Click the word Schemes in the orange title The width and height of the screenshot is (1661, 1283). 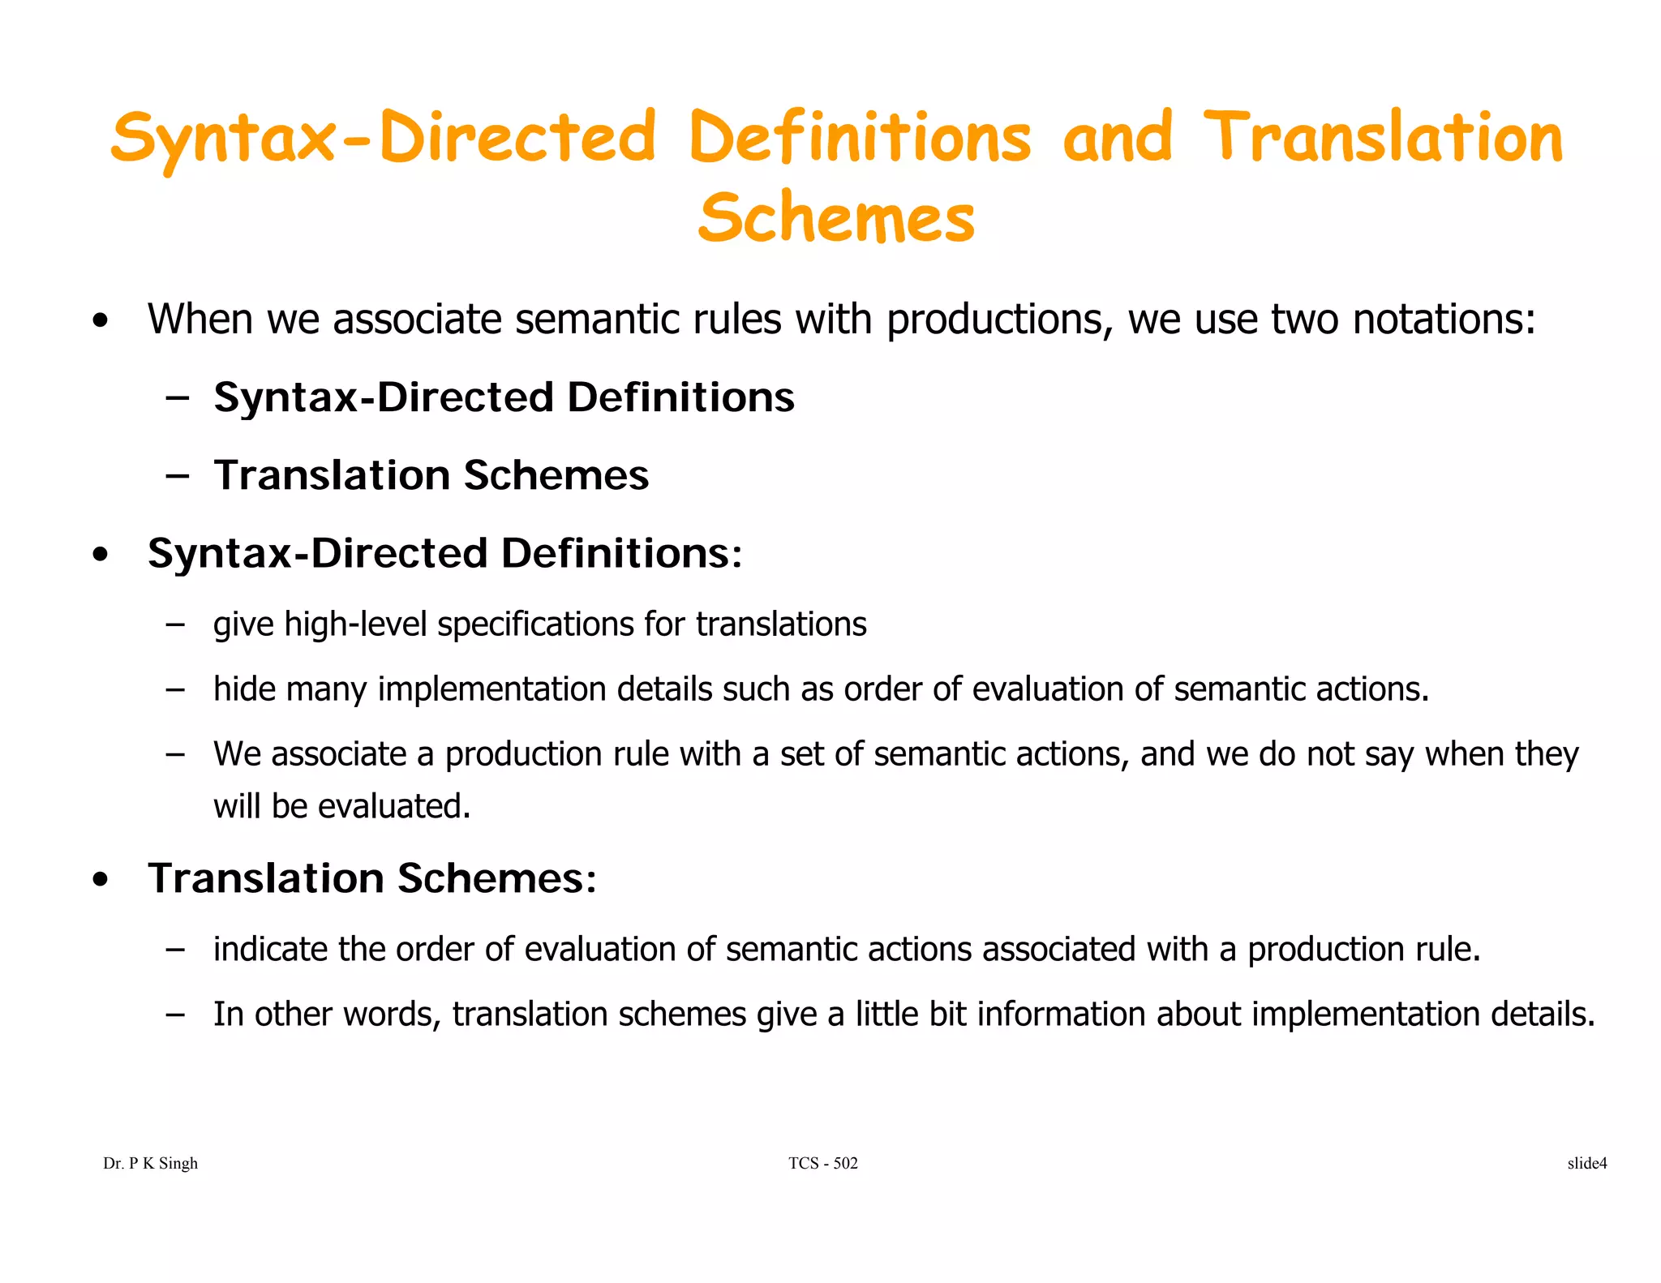point(836,218)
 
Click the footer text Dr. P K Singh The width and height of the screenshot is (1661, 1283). point(150,1163)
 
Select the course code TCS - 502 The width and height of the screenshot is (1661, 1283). point(822,1163)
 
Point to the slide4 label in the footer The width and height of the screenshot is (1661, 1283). point(1586,1163)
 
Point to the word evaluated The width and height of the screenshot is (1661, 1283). point(393,806)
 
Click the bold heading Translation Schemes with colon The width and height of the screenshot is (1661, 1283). point(372,878)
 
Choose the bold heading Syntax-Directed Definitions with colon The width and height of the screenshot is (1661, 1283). point(444,553)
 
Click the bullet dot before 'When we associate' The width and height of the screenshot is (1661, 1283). point(100,320)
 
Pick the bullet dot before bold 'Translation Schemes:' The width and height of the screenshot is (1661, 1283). point(100,880)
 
